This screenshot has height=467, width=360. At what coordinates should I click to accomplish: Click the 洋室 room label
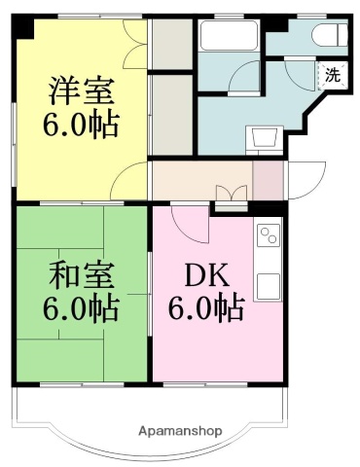82,93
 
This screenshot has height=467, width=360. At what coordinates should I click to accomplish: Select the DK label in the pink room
204,274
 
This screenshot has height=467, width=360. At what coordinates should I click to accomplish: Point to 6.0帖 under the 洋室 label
82,126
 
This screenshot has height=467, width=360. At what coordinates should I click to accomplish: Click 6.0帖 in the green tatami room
82,308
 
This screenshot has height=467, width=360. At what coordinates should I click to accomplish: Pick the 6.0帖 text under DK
204,309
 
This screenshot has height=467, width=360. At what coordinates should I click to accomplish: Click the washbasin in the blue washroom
261,138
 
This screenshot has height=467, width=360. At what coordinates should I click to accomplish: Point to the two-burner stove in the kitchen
268,235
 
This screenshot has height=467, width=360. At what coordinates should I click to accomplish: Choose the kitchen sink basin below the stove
268,285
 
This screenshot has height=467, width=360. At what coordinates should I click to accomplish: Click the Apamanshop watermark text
180,430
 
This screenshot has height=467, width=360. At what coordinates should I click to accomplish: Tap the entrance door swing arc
303,180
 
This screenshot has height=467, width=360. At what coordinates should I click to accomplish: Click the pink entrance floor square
267,180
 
